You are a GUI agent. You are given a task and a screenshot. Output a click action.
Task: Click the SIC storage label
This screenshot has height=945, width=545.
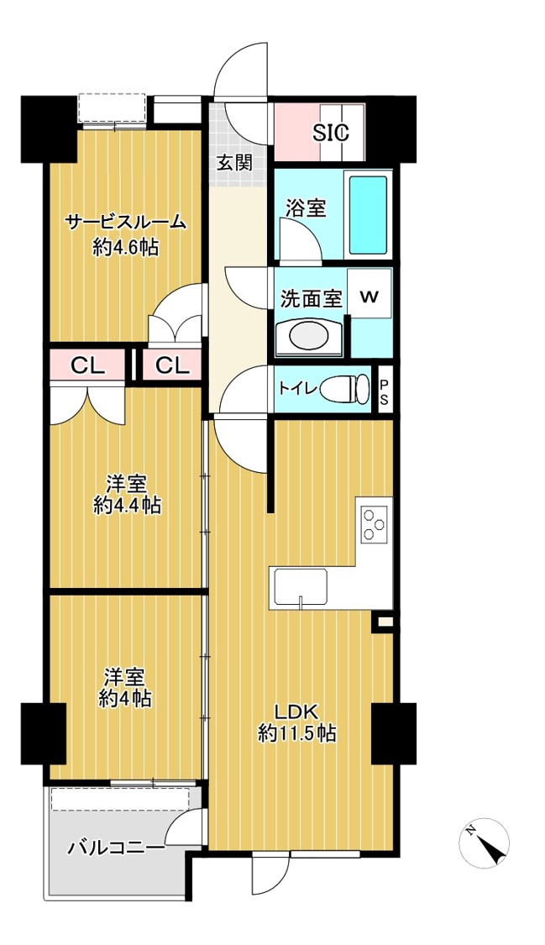[x=331, y=133]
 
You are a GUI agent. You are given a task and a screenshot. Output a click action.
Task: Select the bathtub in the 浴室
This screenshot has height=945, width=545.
[x=368, y=215]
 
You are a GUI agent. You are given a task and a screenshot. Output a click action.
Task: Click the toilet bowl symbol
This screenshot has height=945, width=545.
[x=345, y=388]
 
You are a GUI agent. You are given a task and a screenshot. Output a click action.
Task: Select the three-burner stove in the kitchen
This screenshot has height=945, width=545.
[x=375, y=523]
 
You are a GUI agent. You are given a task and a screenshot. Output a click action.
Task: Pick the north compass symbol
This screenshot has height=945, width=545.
[x=484, y=843]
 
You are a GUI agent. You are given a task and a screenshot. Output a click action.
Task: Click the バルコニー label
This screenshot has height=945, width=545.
[x=115, y=848]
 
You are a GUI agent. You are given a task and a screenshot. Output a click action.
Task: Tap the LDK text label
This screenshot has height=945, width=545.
[x=296, y=711]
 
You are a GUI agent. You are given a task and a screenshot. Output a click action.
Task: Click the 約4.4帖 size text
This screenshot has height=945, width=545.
[x=127, y=506]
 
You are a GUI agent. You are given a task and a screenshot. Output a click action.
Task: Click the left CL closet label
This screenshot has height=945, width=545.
[x=87, y=365]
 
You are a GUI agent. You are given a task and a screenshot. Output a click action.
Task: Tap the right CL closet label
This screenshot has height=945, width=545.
[x=173, y=365]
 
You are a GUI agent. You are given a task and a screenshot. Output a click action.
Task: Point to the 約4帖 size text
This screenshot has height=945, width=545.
[x=125, y=699]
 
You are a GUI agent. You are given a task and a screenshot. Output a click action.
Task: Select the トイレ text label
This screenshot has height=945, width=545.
[x=297, y=389]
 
